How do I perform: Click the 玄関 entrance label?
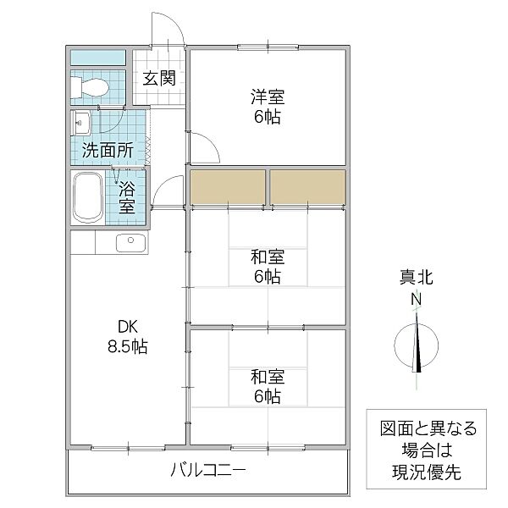pyautogui.click(x=158, y=79)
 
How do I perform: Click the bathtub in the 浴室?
pyautogui.click(x=88, y=197)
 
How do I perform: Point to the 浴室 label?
pyautogui.click(x=126, y=196)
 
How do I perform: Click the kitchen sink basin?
pyautogui.click(x=130, y=243)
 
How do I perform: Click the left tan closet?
pyautogui.click(x=228, y=187)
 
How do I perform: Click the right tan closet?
pyautogui.click(x=307, y=187)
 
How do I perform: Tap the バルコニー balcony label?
pyautogui.click(x=207, y=470)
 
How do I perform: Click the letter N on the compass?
pyautogui.click(x=416, y=299)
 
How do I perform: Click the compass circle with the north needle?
pyautogui.click(x=416, y=345)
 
